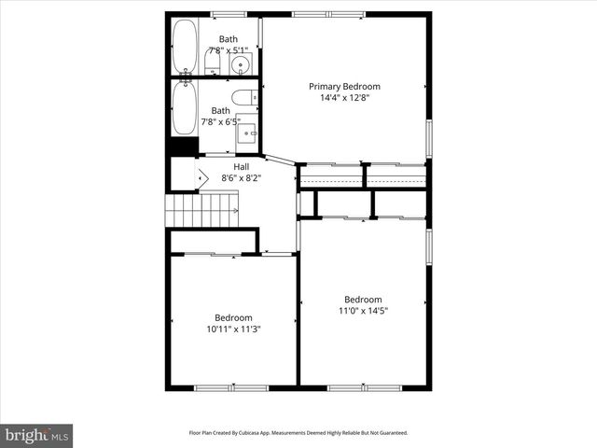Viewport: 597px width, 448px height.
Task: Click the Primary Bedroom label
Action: pos(344,86)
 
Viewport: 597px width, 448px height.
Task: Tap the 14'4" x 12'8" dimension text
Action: pos(344,98)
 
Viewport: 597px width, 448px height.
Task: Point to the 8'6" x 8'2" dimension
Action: pos(240,177)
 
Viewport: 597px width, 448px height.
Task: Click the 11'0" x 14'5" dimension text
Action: pos(363,311)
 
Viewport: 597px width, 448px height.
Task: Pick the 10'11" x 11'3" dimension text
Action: pos(233,329)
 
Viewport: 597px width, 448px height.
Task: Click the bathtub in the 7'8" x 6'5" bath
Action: pos(184,107)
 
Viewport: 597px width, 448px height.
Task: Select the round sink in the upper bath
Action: pos(242,64)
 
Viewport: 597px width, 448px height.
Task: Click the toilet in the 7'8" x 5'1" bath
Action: pos(213,63)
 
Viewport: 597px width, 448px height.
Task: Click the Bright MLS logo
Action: pos(37,435)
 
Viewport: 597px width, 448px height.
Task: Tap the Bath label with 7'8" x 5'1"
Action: pos(228,39)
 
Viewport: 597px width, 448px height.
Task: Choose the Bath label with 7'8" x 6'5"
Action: pos(220,110)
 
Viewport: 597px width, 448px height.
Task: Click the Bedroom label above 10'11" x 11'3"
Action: pos(233,317)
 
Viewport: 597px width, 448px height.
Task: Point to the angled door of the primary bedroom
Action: pos(280,160)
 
